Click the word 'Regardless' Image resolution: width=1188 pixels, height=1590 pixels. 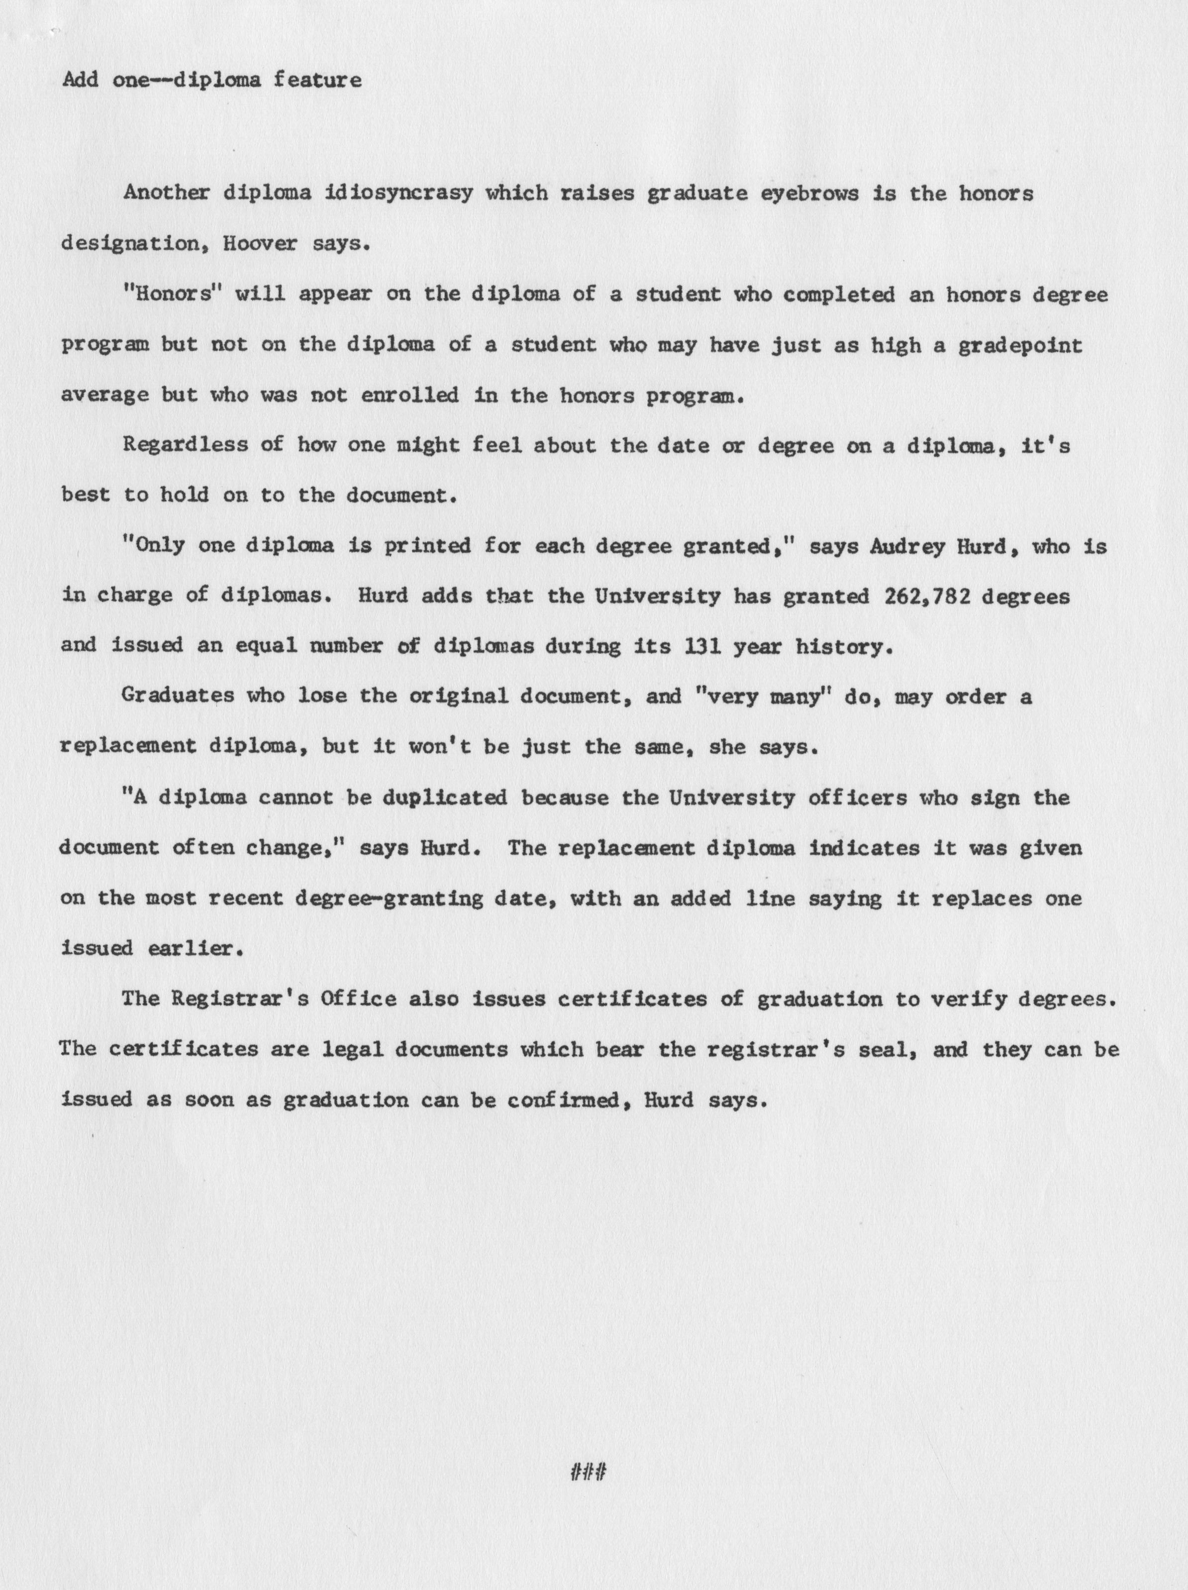(x=184, y=446)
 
